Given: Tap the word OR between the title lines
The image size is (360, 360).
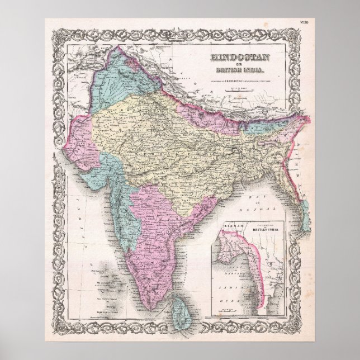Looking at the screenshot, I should (229, 64).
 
